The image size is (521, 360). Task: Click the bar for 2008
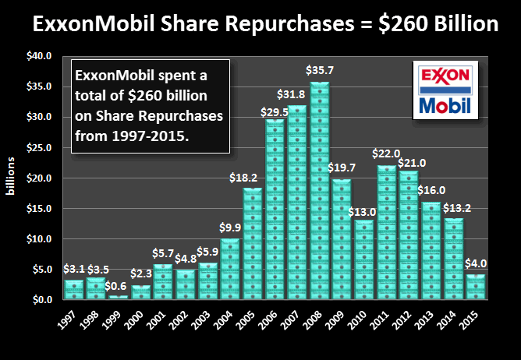321,191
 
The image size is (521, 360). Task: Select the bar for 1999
117,297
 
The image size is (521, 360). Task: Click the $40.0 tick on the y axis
40,56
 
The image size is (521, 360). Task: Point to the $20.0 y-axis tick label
40,178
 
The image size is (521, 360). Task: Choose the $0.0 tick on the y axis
42,299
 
